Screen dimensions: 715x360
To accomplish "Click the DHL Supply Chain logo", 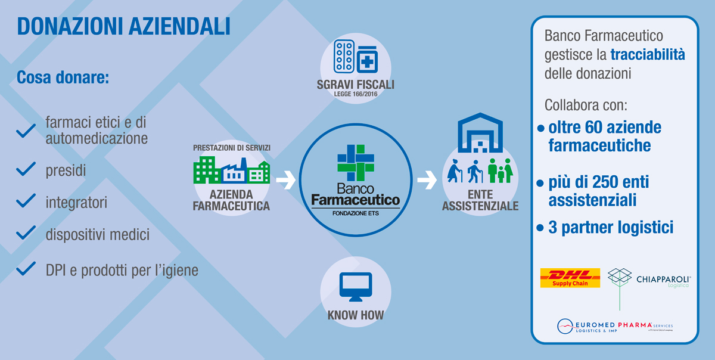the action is pyautogui.click(x=570, y=278).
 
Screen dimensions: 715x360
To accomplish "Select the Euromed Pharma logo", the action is pyautogui.click(x=615, y=326).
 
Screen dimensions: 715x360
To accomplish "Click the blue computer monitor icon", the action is pyautogui.click(x=356, y=287).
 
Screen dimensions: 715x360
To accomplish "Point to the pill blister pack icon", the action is pyautogui.click(x=344, y=56).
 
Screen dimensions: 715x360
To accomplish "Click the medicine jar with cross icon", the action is pyautogui.click(x=367, y=60).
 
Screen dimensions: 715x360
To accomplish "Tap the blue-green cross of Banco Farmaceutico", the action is pyautogui.click(x=356, y=163).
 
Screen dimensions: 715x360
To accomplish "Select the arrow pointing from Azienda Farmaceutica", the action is pyautogui.click(x=286, y=180).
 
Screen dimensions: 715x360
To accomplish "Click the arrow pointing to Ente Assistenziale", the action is pyautogui.click(x=427, y=180).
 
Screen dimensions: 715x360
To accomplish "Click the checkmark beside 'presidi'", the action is pyautogui.click(x=26, y=169).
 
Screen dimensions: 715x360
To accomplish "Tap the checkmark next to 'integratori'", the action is pyautogui.click(x=26, y=201).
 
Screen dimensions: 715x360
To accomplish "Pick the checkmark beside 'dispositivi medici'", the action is pyautogui.click(x=26, y=232).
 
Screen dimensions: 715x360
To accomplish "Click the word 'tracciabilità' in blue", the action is pyautogui.click(x=648, y=55).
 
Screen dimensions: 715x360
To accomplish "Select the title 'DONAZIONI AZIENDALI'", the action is pyautogui.click(x=123, y=26).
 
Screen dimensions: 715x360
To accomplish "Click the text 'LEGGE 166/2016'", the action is pyautogui.click(x=356, y=94).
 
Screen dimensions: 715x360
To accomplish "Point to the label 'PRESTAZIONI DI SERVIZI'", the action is pyautogui.click(x=232, y=148).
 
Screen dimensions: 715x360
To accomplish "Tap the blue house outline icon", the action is pyautogui.click(x=480, y=132).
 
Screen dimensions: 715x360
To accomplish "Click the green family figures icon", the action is pyautogui.click(x=500, y=170).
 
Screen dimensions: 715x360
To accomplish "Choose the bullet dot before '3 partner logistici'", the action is pyautogui.click(x=540, y=228).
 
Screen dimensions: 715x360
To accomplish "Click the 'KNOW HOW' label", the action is pyautogui.click(x=356, y=315).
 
